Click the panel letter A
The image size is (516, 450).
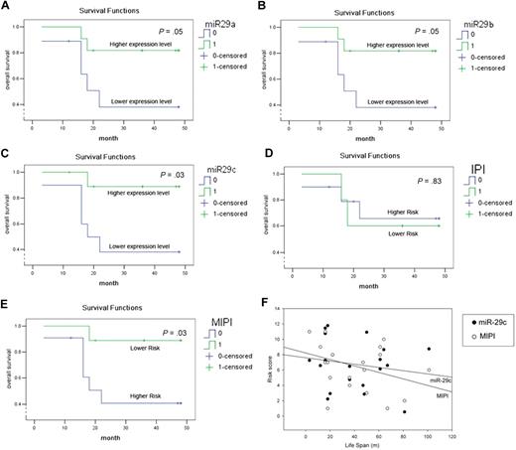coord(7,6)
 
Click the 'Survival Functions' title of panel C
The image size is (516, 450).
coord(100,161)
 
